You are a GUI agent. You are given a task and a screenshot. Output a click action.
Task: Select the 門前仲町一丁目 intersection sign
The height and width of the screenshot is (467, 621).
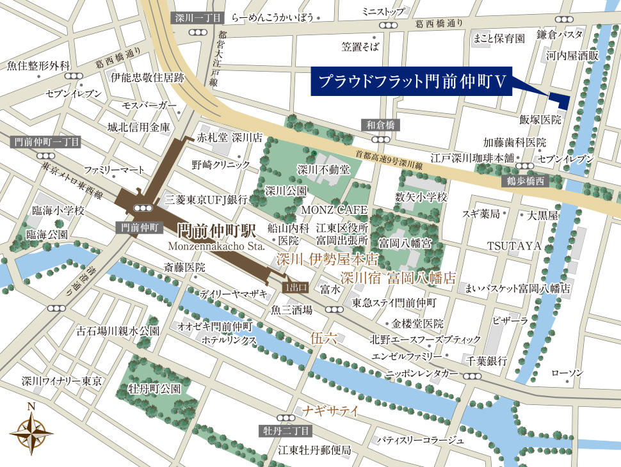tap(46, 141)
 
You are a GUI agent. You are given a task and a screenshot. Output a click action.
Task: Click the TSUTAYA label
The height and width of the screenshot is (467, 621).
tap(514, 246)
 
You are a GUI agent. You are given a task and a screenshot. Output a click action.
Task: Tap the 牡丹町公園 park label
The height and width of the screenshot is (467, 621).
tap(154, 388)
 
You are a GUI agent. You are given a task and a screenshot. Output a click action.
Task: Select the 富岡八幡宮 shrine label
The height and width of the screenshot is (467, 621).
tap(405, 243)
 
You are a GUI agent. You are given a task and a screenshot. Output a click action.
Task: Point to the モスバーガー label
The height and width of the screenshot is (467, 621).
tap(149, 104)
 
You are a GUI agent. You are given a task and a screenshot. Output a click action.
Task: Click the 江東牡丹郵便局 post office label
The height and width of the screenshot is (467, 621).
tap(315, 450)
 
